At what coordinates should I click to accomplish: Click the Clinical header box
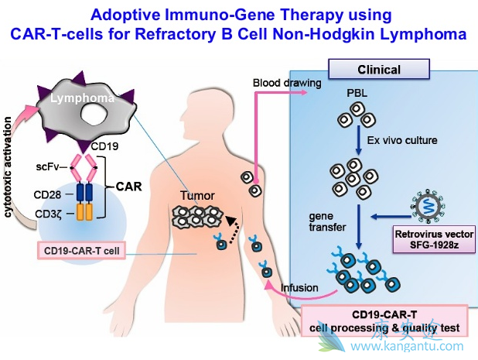[378, 70]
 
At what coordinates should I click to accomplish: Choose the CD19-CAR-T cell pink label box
[83, 250]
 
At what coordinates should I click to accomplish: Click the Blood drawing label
[279, 82]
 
